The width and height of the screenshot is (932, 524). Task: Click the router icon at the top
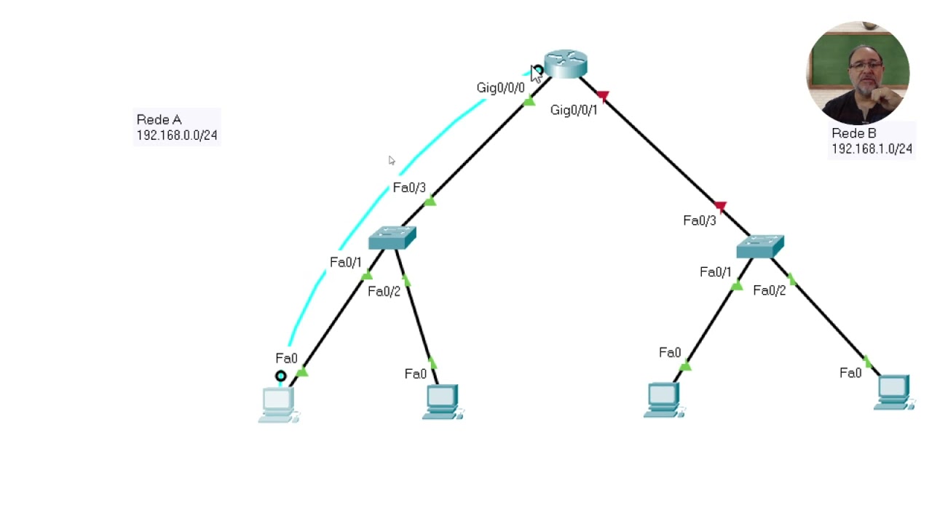coord(566,63)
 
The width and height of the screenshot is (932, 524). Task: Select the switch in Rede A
coord(392,238)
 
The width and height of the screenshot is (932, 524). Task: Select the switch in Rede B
coord(759,246)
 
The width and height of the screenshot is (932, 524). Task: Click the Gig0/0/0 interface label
coord(500,88)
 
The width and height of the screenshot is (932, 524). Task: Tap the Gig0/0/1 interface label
coord(574,111)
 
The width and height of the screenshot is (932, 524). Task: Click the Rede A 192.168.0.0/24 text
coord(176,127)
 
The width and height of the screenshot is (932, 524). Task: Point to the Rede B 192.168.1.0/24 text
coord(872,141)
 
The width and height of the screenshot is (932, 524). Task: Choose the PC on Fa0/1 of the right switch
coord(663,400)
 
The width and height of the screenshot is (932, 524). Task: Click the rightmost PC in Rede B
coord(894,392)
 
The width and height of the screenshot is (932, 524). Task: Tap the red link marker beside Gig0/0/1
coord(602,95)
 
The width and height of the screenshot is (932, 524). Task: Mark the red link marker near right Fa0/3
coord(720,207)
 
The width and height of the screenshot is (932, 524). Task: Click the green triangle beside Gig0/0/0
coord(529,102)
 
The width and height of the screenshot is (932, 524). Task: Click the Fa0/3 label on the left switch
coord(409,188)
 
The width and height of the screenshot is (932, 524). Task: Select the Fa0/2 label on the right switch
coord(770,291)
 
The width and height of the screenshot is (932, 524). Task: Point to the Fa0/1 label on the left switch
coord(345,263)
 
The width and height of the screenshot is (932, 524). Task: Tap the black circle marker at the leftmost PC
coord(280,376)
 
